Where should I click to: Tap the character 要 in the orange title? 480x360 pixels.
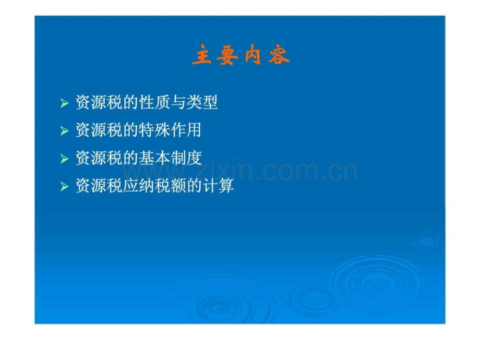coord(227,55)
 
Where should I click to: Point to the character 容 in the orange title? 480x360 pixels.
coord(279,55)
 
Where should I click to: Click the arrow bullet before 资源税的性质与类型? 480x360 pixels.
coord(64,103)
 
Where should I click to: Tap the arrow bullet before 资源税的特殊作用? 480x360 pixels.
coord(64,131)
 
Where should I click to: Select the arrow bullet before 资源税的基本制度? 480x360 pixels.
coord(64,159)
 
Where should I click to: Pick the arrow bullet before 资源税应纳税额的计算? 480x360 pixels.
coord(64,186)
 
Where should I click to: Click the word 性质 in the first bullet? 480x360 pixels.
coord(154,102)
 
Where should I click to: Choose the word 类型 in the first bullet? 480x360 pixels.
coord(202,102)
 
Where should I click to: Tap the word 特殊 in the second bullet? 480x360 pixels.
coord(154,130)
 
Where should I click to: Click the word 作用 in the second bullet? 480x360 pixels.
coord(186,130)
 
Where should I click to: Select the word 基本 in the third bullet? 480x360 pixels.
coord(154,158)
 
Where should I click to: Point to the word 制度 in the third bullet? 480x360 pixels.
coord(186,158)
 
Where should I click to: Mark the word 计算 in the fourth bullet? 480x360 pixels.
coord(218,186)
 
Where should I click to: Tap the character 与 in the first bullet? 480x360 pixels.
coord(178,102)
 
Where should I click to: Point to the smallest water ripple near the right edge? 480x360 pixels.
coord(426,240)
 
